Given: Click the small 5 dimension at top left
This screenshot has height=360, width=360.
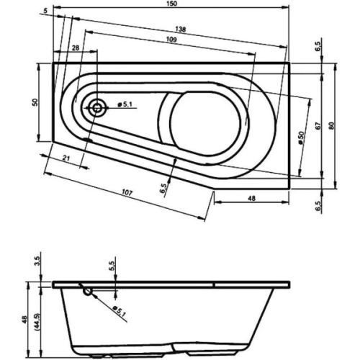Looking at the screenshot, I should (x=45, y=10).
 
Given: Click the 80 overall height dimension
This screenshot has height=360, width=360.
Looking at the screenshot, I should (x=330, y=125).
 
